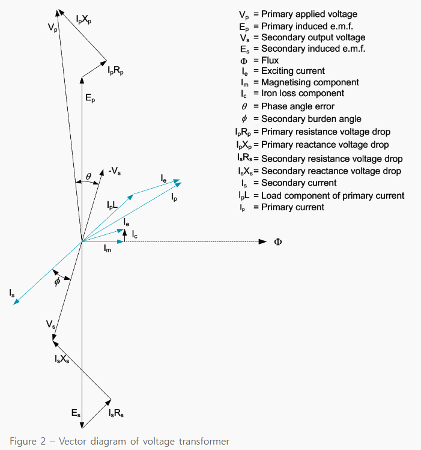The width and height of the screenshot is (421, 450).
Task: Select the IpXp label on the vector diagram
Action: [85, 20]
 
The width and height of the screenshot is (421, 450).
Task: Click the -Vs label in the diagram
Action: [116, 171]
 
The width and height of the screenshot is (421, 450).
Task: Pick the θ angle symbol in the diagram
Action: [88, 177]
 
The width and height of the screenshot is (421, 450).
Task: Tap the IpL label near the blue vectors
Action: [113, 205]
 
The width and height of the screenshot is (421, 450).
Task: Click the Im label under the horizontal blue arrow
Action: [107, 248]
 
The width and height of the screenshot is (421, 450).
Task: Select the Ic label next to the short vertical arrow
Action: [135, 234]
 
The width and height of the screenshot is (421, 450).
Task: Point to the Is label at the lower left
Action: [12, 293]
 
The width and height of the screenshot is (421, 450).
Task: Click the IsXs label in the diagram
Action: [62, 359]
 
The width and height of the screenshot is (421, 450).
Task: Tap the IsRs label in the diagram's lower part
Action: [116, 414]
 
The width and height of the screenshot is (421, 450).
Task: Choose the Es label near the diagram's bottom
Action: [75, 413]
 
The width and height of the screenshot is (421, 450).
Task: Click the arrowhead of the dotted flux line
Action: [263, 242]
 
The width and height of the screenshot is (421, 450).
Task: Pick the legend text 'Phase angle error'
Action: [297, 106]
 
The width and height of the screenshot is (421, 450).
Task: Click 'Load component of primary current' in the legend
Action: [333, 195]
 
